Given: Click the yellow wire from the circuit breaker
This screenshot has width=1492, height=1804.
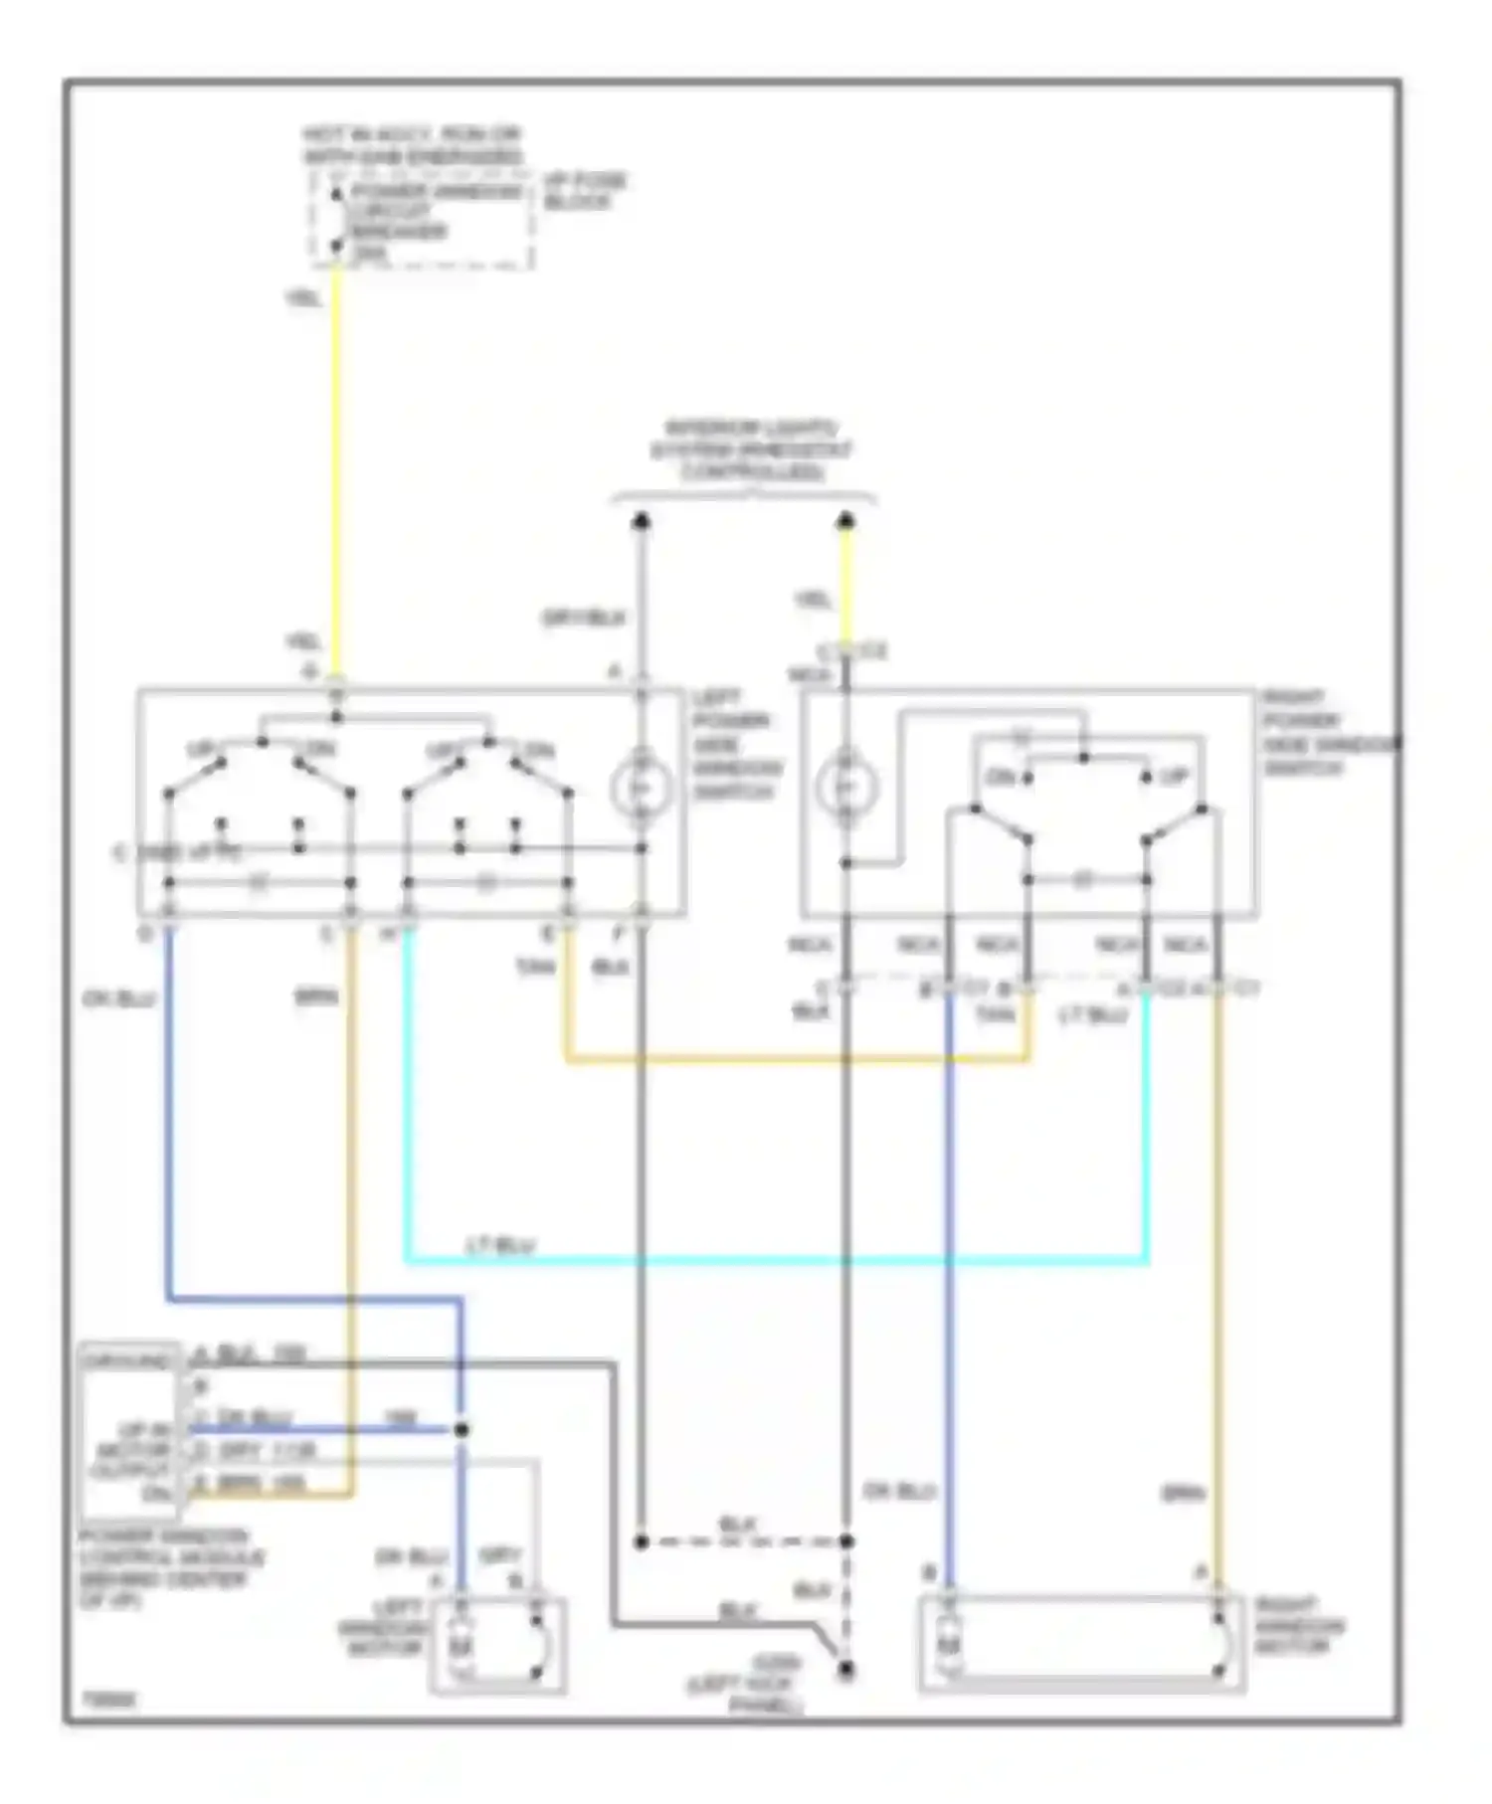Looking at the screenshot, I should pos(336,467).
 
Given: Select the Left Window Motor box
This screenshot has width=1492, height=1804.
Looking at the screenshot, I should pos(498,1645).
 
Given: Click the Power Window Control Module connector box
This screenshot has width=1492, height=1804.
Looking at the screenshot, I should pos(131,1433).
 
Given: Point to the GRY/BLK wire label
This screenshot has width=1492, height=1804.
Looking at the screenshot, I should pos(584,619).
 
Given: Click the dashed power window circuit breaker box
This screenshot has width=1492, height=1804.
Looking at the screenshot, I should pos(422,220).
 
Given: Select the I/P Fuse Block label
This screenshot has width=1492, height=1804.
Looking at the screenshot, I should pos(584,192).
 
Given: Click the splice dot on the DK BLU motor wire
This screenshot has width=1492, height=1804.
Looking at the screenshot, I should pos(461,1430).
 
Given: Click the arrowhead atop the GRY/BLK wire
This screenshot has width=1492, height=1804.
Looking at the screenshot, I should pos(642,520).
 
